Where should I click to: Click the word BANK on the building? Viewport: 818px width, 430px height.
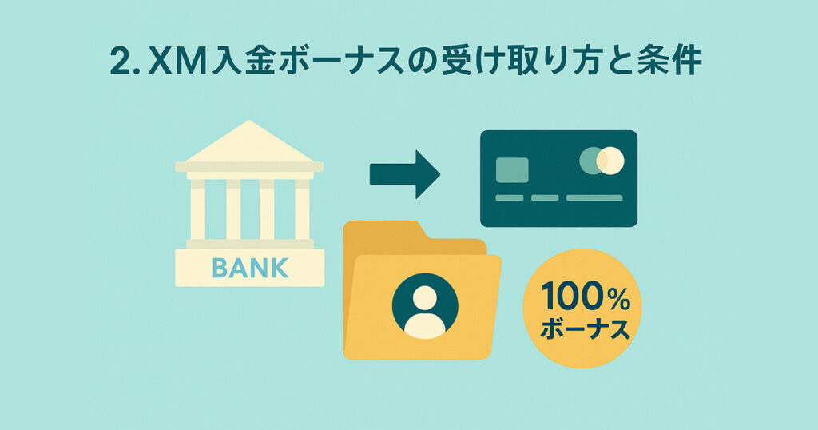(250, 268)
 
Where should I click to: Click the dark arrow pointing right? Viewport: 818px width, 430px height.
(405, 174)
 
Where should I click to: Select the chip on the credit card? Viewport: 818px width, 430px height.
(512, 170)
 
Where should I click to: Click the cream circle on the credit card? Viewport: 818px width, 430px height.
(611, 161)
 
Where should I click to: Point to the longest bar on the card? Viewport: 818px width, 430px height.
(594, 197)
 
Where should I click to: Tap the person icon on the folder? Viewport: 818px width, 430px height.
(425, 306)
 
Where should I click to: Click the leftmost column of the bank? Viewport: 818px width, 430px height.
(198, 209)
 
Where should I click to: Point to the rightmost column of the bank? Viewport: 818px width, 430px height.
(302, 209)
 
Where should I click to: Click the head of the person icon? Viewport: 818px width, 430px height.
(425, 297)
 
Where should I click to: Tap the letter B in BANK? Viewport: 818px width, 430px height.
(220, 268)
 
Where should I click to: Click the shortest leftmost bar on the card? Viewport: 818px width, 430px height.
(510, 197)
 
